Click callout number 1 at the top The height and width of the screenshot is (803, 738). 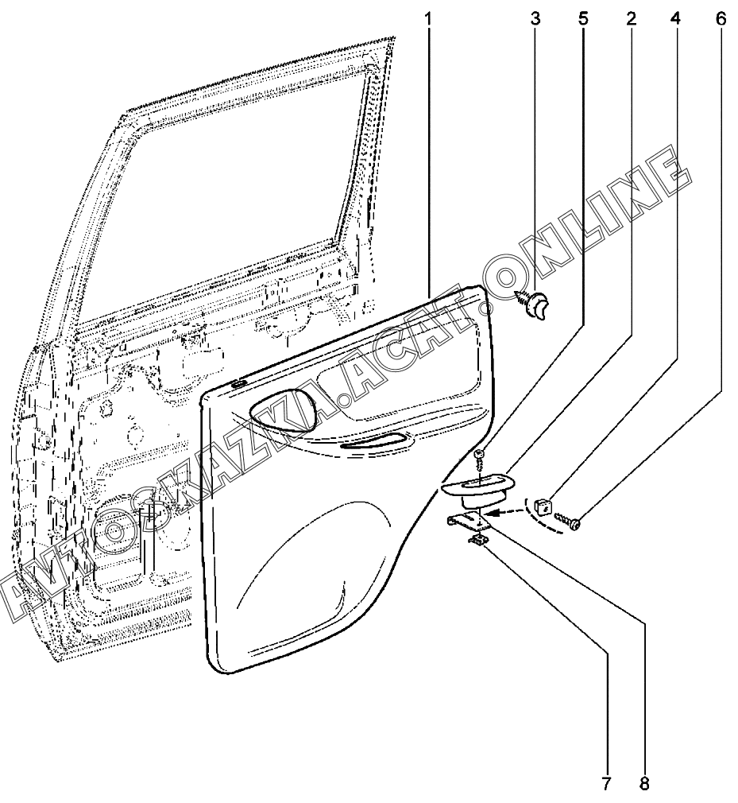tap(428, 17)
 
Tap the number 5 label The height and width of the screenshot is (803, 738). tap(583, 17)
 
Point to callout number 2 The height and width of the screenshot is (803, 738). tap(631, 17)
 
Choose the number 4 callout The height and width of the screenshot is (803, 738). tap(676, 17)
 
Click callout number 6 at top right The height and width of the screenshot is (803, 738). tap(721, 17)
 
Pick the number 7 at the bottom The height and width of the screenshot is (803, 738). tap(606, 784)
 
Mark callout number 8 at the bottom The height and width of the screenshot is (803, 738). tap(644, 784)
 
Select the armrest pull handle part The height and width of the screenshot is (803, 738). tap(477, 488)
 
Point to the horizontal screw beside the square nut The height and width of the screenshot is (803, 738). tap(570, 521)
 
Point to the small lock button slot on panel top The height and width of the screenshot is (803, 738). tap(237, 384)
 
